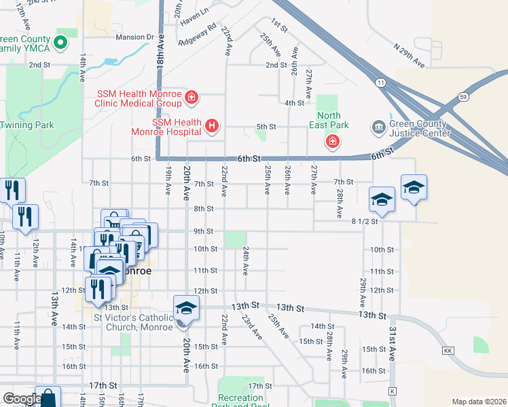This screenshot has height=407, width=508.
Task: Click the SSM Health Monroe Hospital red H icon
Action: click(212, 125)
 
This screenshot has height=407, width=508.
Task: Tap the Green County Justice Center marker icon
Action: click(378, 126)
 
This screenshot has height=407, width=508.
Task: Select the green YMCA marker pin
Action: click(60, 43)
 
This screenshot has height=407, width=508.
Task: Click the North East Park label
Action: click(329, 120)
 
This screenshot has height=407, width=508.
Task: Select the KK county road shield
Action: click(447, 351)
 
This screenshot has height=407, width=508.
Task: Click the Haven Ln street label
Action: click(194, 21)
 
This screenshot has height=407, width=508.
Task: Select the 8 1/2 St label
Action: click(365, 221)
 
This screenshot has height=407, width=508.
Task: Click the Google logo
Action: click(22, 399)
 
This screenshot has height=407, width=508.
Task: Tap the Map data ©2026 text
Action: click(478, 402)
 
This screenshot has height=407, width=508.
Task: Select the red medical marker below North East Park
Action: click(332, 142)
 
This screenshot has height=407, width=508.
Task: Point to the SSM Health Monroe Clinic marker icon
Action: click(192, 98)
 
